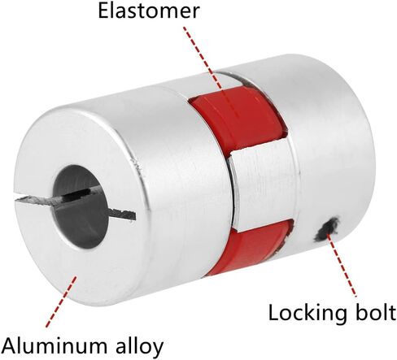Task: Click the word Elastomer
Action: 149,11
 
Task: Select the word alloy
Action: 140,346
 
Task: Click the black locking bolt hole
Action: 326,229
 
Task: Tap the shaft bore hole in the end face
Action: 81,206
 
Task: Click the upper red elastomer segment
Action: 238,119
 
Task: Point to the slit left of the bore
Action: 35,198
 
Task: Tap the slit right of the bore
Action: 122,214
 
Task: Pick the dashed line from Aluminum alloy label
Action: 61,301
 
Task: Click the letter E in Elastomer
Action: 103,11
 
